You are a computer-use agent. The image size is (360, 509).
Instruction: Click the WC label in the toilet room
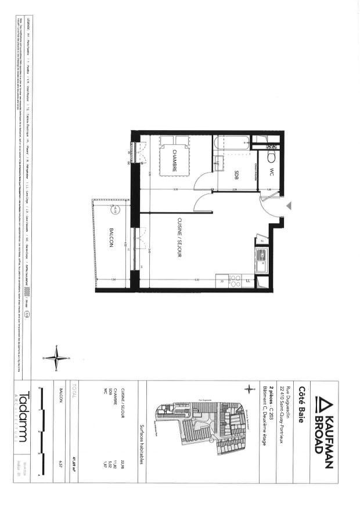click(271, 172)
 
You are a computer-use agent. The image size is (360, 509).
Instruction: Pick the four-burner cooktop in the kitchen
click(235, 281)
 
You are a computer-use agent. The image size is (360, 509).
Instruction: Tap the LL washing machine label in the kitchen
click(248, 282)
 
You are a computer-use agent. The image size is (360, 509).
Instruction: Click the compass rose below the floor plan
click(56, 357)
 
